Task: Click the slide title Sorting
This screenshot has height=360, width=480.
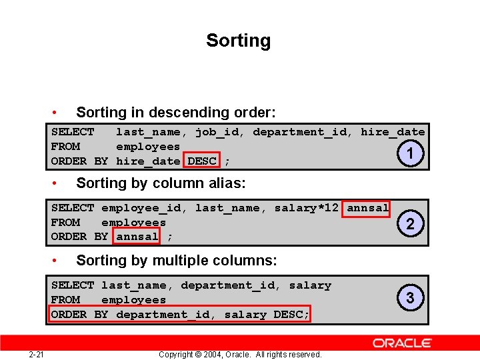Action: [x=238, y=41]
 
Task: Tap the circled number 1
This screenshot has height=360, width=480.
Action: [x=410, y=154]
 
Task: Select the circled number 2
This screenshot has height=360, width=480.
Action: [x=410, y=225]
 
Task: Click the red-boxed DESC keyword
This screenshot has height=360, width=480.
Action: [x=202, y=161]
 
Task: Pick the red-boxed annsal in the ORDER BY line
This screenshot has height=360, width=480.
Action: [x=137, y=236]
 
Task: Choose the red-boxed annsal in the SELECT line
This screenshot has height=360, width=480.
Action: [x=368, y=208]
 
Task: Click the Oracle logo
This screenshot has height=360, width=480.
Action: [x=402, y=343]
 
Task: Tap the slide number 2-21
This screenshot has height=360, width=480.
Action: [x=37, y=354]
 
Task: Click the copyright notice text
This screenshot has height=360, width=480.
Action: [x=240, y=354]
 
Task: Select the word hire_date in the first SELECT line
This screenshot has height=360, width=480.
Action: [x=393, y=132]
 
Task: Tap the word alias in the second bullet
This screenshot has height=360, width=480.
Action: [x=227, y=183]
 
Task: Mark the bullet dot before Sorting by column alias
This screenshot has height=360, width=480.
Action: [x=61, y=183]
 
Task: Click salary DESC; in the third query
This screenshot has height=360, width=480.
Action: [x=267, y=314]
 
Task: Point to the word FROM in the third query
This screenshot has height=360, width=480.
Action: [x=65, y=300]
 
